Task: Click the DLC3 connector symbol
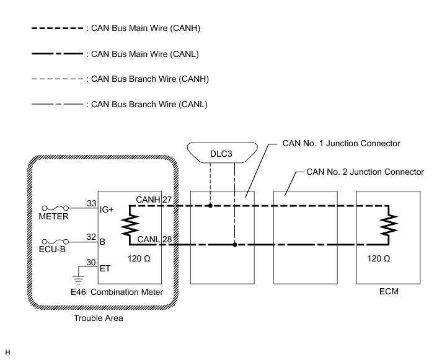(222, 152)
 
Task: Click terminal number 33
(92, 203)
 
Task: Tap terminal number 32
(92, 236)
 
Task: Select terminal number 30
(92, 262)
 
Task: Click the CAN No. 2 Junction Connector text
(366, 171)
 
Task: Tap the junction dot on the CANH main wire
(211, 203)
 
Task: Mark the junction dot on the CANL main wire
(235, 245)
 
